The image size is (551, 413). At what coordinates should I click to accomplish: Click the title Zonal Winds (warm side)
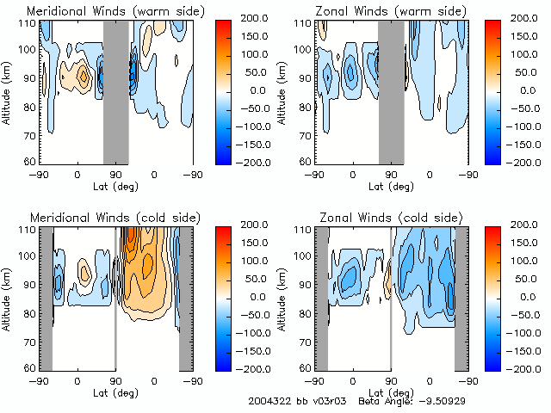384,11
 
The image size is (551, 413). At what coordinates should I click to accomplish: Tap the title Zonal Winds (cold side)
383,218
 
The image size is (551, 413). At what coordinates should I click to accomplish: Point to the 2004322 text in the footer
269,401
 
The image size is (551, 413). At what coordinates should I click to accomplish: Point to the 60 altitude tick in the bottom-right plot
305,367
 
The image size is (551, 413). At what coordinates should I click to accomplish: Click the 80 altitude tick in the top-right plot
305,106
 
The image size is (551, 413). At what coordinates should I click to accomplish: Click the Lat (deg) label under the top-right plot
392,185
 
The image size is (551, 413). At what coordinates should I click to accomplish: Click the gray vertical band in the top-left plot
115,91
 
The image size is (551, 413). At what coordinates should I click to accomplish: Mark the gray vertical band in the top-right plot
391,91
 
